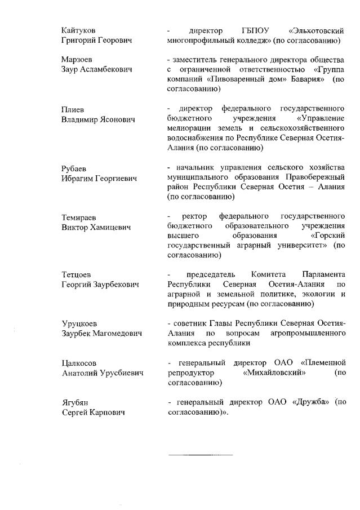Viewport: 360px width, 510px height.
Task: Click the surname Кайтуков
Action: (78, 30)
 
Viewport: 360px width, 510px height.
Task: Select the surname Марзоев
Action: (77, 59)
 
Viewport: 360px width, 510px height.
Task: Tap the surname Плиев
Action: (72, 109)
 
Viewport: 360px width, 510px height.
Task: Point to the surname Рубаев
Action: (74, 168)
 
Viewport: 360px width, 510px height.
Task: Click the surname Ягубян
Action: (74, 402)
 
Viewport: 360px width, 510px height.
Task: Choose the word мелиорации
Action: (189, 129)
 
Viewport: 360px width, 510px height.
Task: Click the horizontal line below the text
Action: (201, 454)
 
